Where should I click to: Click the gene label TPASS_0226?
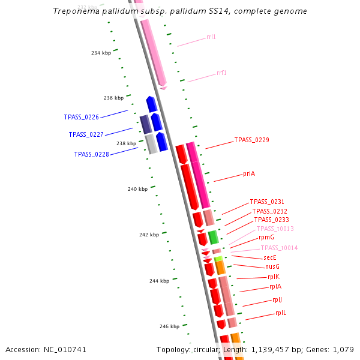(82, 117)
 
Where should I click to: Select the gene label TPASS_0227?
(86, 134)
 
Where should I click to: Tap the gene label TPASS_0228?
(91, 154)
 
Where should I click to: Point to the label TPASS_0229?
(251, 140)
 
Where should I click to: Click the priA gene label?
(249, 173)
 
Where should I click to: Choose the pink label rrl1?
(211, 37)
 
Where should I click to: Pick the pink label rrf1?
(221, 73)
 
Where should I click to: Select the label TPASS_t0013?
(275, 229)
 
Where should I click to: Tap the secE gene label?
(270, 257)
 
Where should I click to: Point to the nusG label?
(272, 266)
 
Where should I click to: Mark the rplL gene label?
(281, 313)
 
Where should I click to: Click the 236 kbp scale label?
(113, 98)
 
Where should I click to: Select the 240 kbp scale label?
(137, 189)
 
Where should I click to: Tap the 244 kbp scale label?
(159, 281)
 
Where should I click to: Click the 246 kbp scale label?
(169, 326)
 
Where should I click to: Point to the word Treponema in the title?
(72, 11)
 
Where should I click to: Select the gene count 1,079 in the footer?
(343, 349)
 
